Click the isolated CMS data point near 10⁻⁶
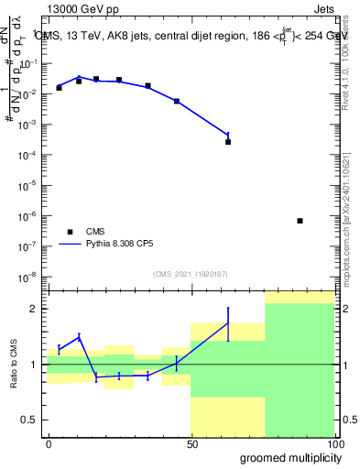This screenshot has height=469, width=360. click(x=300, y=221)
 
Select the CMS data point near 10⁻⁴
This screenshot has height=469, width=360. click(x=228, y=142)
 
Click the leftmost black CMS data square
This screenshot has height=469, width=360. click(x=60, y=87)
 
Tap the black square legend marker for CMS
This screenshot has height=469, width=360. click(x=69, y=232)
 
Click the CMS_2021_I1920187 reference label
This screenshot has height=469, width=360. click(x=191, y=274)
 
